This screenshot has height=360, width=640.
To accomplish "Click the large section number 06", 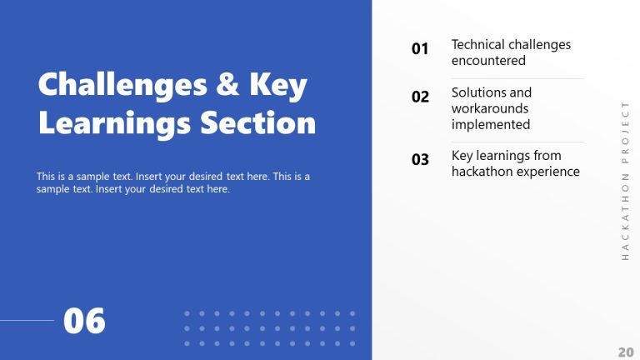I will (x=85, y=321).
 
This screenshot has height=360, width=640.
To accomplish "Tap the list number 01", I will (x=420, y=49).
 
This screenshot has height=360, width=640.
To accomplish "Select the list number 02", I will (x=420, y=97).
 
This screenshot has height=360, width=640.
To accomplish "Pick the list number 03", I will (x=420, y=160).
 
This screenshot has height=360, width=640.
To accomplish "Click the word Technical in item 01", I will (x=478, y=44).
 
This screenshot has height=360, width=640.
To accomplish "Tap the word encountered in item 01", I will (x=488, y=61).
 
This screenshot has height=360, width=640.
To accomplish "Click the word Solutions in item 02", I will (x=477, y=92).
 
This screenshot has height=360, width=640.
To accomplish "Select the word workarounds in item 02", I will (x=490, y=108).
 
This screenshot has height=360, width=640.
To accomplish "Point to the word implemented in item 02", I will (x=491, y=124).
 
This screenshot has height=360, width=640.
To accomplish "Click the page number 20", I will (x=625, y=351).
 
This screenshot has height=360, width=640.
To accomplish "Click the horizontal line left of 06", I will (x=27, y=320).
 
